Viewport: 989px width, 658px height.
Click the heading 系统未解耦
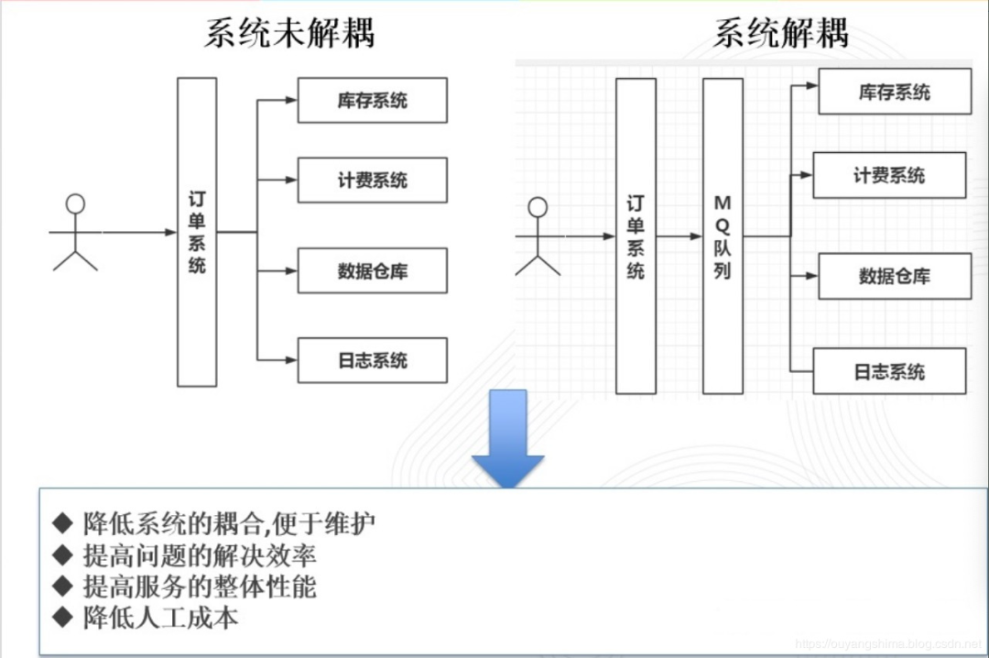pyautogui.click(x=288, y=34)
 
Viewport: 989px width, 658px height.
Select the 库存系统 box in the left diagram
pyautogui.click(x=372, y=100)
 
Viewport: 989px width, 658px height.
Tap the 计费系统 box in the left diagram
pyautogui.click(x=372, y=180)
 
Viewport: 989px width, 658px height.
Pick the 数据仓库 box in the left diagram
pyautogui.click(x=372, y=270)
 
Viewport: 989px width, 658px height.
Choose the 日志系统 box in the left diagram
pyautogui.click(x=372, y=360)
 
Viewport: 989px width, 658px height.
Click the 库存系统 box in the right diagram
pyautogui.click(x=894, y=92)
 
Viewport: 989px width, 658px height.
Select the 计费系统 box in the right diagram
pyautogui.click(x=889, y=175)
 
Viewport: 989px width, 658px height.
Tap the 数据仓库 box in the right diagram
pyautogui.click(x=894, y=275)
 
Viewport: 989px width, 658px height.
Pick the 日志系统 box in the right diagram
pyautogui.click(x=889, y=371)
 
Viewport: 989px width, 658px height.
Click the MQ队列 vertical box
pyautogui.click(x=723, y=236)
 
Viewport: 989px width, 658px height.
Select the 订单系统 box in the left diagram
pyautogui.click(x=197, y=232)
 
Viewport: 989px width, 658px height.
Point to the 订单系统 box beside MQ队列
pyautogui.click(x=636, y=236)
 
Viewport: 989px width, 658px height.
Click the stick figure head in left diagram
pyautogui.click(x=75, y=203)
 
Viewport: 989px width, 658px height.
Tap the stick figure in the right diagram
pyautogui.click(x=538, y=238)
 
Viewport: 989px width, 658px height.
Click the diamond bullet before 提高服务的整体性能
pyautogui.click(x=62, y=587)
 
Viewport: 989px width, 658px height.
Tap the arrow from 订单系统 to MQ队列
pyautogui.click(x=679, y=236)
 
